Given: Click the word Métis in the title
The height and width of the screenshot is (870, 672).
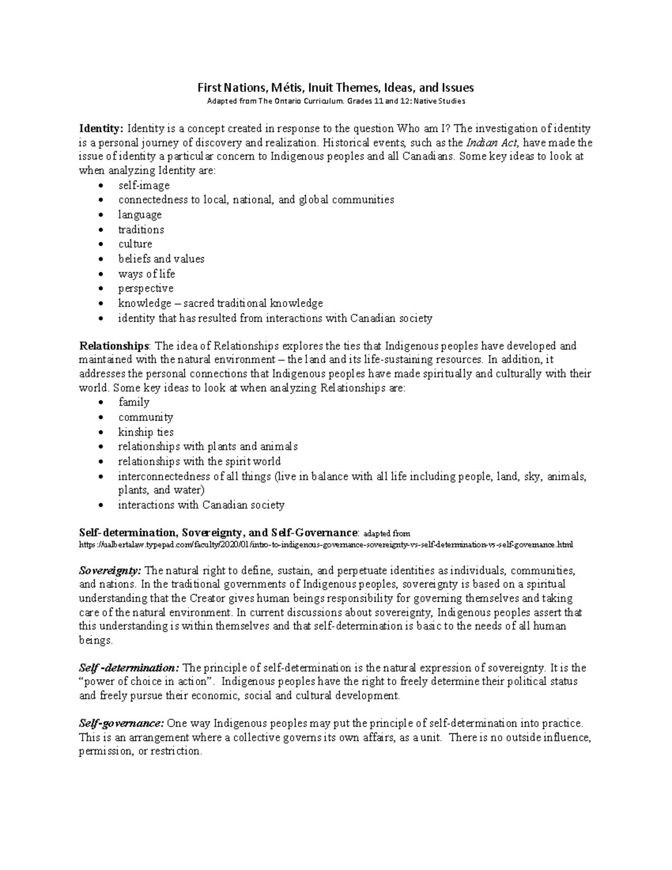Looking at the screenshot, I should point(285,87).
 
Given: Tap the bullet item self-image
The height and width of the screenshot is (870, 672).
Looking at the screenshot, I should point(144,185).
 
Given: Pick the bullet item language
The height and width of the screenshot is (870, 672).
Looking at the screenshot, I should point(140,215).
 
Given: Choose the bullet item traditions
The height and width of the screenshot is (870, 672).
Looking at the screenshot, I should point(141,230).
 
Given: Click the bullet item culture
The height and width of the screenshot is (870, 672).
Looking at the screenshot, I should point(135,244).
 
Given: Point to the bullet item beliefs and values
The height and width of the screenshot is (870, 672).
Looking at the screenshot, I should point(161,259).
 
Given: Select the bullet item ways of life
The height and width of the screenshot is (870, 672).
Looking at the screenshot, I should point(147,274).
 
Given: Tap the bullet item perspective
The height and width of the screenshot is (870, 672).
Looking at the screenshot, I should point(146,289).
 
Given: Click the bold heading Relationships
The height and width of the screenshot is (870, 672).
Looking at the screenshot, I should point(114,346).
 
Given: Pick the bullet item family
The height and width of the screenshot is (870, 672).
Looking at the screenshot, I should point(134,402).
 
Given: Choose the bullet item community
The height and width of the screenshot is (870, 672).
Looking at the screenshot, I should point(146,417).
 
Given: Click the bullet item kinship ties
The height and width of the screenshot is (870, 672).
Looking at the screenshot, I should point(146,432).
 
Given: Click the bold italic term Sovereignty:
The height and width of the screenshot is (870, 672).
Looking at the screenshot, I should point(110,571).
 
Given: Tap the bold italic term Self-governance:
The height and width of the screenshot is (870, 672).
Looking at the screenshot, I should point(122,723).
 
